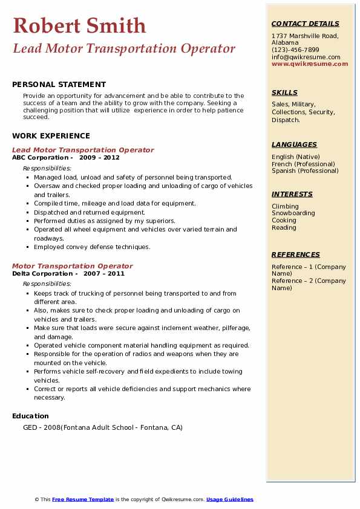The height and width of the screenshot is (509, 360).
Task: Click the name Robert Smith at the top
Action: tap(79, 26)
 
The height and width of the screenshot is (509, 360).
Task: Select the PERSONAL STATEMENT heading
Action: tap(59, 85)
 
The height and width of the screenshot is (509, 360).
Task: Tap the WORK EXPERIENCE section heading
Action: tap(51, 136)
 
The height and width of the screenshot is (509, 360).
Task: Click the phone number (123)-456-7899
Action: tap(295, 50)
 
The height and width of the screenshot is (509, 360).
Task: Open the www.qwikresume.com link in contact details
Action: tap(310, 63)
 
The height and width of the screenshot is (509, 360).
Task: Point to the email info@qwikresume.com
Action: tap(306, 57)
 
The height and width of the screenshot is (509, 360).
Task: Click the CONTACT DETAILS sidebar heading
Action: tap(305, 24)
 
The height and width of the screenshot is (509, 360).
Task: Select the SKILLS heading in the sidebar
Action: tap(284, 92)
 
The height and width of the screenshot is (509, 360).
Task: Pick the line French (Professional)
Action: tap(304, 164)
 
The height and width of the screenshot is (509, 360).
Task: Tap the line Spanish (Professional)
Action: tap(305, 170)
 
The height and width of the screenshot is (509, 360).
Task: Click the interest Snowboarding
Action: tap(293, 213)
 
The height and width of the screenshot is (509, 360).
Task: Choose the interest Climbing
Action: tap(284, 206)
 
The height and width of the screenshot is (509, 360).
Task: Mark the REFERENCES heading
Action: tap(295, 254)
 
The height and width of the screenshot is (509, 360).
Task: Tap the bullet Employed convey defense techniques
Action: tap(92, 247)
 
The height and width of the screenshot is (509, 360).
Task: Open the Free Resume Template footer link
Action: tap(83, 499)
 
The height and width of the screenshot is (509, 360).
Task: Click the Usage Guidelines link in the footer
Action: tap(229, 499)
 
